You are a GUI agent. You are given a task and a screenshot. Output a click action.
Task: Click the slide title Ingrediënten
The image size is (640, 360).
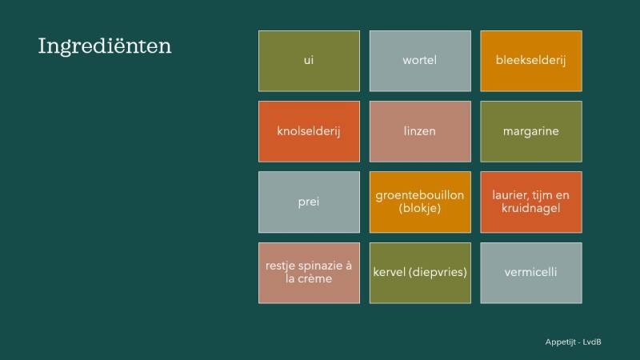(x=105, y=46)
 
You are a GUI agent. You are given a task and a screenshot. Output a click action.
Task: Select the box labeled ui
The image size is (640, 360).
(x=309, y=61)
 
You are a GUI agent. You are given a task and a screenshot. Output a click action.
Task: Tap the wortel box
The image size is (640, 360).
(x=420, y=61)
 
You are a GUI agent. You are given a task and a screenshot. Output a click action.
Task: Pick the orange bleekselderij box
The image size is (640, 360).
(x=530, y=61)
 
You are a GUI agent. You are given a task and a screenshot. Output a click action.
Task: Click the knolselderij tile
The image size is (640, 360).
(x=309, y=131)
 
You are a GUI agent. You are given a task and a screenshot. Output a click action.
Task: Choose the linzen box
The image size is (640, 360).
(x=420, y=131)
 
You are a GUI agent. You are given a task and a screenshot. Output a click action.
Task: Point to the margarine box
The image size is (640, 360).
(x=530, y=131)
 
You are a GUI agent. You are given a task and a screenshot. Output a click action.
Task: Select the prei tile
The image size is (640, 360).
(x=309, y=202)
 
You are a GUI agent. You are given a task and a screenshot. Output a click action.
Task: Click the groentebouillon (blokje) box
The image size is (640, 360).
(x=420, y=202)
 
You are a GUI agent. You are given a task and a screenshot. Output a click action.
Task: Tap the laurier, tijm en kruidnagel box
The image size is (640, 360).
(x=530, y=202)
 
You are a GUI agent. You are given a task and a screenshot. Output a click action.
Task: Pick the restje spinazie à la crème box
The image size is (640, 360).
(x=309, y=273)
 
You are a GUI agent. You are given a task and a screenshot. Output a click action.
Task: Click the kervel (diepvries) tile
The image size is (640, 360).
(x=420, y=273)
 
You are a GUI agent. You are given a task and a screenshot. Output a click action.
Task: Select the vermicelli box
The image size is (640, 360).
(x=530, y=273)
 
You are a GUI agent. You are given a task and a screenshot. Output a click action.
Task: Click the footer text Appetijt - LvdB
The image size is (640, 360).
(x=573, y=342)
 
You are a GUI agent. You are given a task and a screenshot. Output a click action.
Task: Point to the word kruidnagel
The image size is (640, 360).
(x=531, y=209)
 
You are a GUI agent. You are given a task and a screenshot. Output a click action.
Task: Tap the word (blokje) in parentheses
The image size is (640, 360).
(x=420, y=209)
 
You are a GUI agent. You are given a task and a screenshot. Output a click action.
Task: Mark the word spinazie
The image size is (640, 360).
(x=318, y=266)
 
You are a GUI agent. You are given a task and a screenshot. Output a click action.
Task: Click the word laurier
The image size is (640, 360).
(x=506, y=195)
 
